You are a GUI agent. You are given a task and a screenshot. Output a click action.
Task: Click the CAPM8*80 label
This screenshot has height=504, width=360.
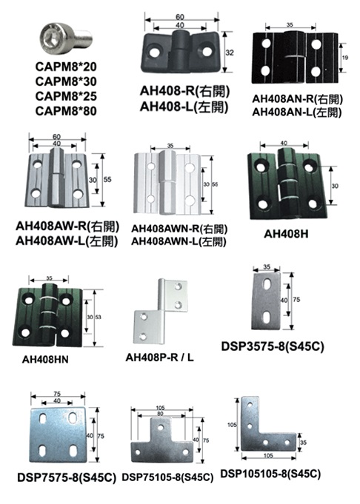point(66,111)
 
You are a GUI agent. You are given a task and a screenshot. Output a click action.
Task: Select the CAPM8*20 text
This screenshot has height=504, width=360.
point(66,67)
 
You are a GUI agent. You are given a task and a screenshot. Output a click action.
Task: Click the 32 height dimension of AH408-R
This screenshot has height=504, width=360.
point(230,53)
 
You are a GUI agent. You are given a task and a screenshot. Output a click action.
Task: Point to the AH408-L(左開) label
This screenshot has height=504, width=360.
point(184,107)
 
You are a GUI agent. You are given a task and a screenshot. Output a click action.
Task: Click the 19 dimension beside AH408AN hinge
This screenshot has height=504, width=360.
point(345,58)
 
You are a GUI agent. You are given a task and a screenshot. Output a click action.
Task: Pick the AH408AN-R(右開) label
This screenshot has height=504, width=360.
point(297,99)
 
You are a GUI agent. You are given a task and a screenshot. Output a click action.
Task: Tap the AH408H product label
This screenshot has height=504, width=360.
point(286,234)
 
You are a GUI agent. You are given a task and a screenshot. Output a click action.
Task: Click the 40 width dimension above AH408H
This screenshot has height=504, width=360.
point(284,143)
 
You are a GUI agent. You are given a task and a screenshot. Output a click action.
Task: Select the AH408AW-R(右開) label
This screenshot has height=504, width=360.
point(67,226)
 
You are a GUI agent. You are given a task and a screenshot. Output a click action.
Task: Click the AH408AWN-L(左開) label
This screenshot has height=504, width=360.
point(179,241)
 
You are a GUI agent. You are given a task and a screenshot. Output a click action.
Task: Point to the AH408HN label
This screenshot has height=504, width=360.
point(45,360)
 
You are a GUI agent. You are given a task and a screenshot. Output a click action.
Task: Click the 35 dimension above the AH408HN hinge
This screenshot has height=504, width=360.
point(49,278)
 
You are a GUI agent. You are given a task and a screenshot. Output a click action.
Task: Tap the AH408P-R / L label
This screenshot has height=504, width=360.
point(159,357)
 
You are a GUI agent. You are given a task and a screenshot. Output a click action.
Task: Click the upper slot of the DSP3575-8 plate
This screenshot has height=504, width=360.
point(267,285)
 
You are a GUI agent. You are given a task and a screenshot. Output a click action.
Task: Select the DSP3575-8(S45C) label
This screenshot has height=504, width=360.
point(273,346)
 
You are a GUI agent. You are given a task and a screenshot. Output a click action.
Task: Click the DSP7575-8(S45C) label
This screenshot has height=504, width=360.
point(67,478)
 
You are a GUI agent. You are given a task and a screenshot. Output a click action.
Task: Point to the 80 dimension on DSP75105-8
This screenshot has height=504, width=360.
point(160,414)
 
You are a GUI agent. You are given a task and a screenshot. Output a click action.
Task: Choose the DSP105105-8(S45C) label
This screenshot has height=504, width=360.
point(270,474)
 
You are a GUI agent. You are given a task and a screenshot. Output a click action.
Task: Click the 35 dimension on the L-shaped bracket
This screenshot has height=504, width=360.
point(303,443)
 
